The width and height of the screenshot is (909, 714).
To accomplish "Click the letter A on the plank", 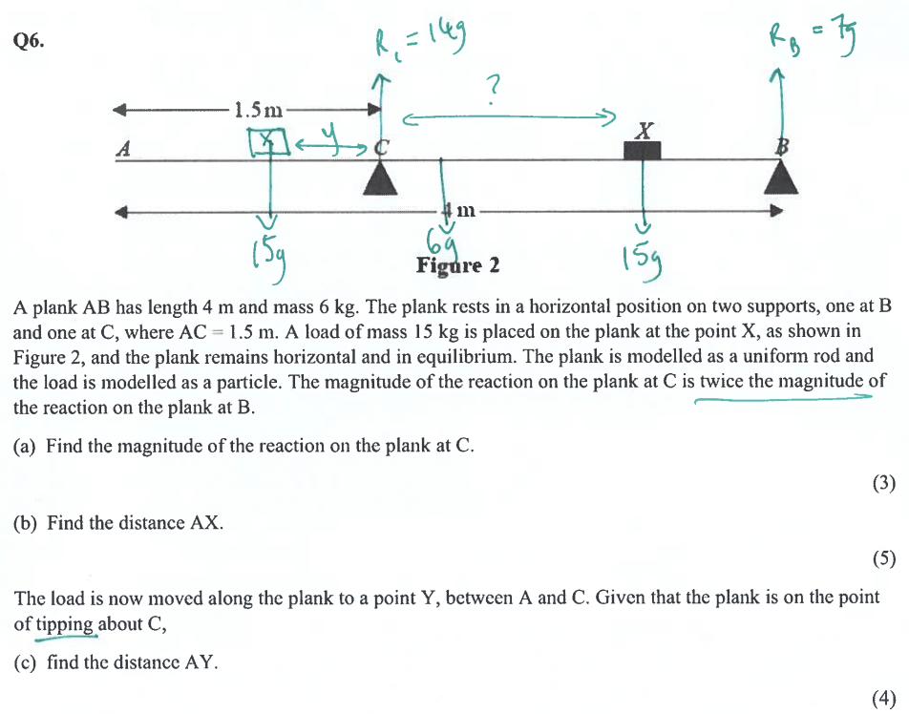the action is pos(123,148).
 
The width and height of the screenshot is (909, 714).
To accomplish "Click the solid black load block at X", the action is pos(643,151).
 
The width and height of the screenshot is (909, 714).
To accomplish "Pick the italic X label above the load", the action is pos(644,131).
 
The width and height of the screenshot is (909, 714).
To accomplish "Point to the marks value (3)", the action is pos(884,483).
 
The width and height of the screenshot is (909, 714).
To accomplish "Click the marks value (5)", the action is pos(884,559).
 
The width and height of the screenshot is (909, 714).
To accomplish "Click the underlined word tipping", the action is pos(66,624).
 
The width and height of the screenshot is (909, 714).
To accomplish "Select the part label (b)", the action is pos(25,523).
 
